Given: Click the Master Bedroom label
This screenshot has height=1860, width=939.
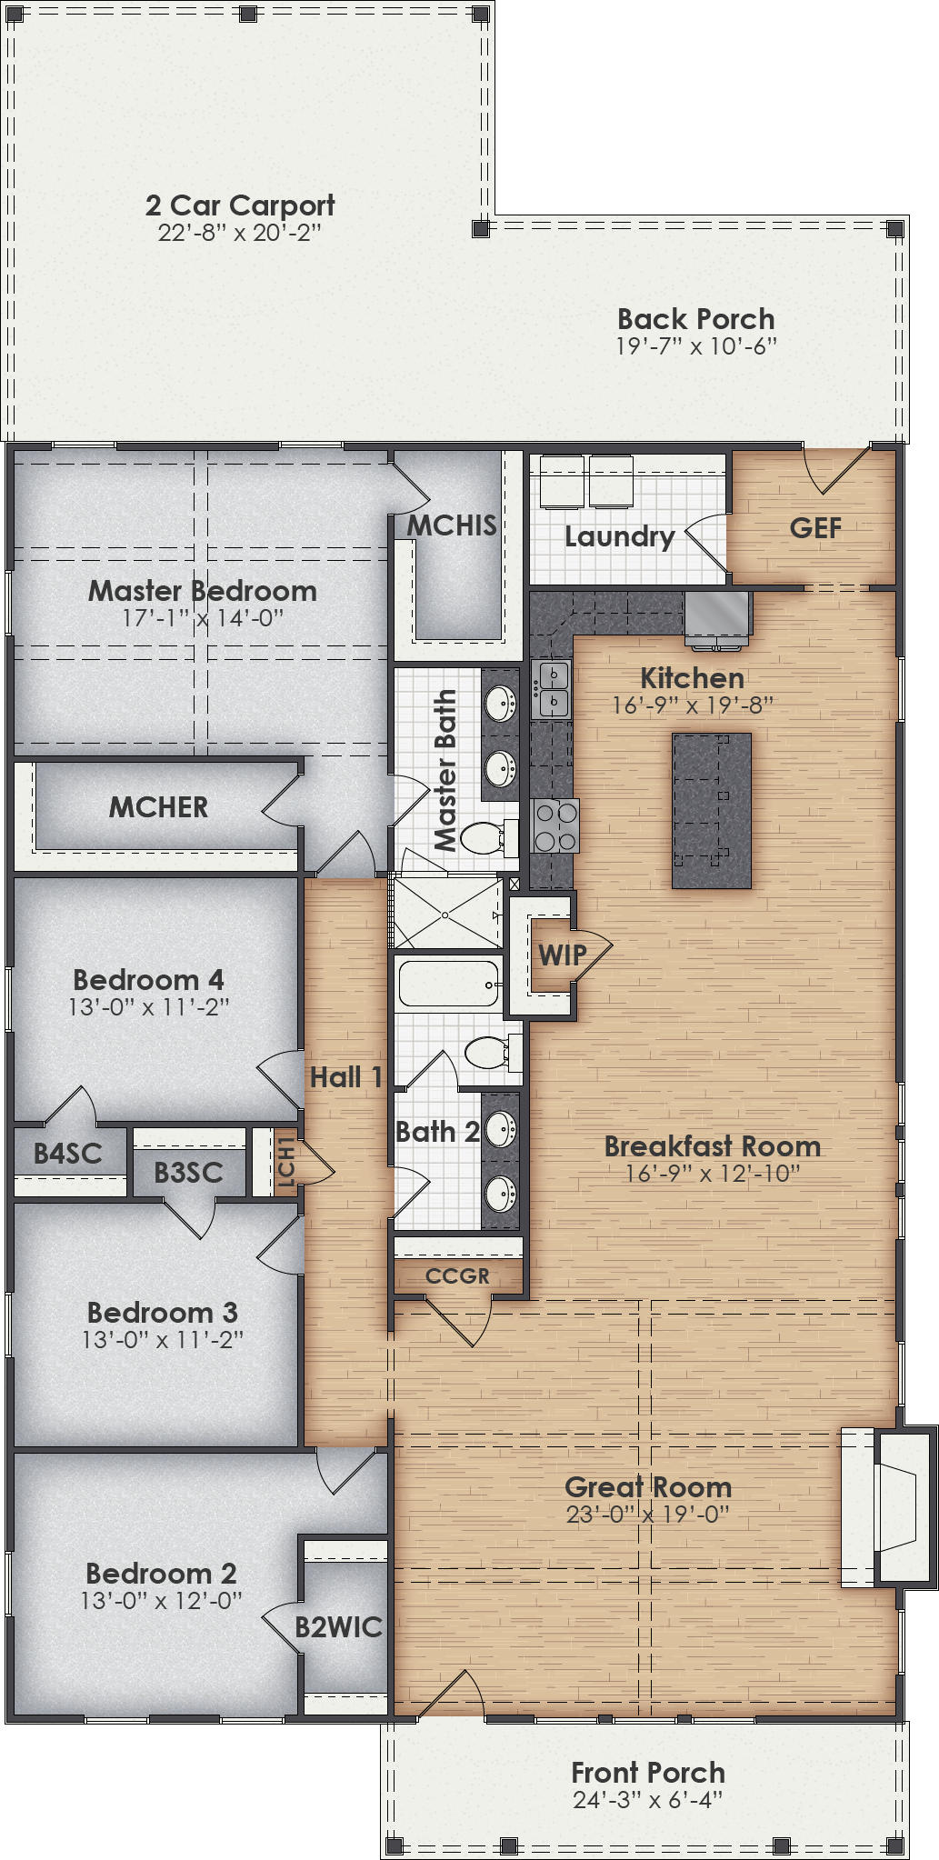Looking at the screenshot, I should (x=202, y=591).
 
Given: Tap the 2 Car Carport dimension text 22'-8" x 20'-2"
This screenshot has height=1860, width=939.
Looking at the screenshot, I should (x=239, y=233).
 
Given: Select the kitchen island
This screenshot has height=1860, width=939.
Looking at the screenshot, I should (x=712, y=810).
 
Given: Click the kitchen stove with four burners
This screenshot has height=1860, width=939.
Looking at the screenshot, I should (x=555, y=825).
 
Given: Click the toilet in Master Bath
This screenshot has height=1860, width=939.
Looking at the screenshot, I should (x=486, y=837).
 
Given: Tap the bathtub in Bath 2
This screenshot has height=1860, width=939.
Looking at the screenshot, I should (x=449, y=984).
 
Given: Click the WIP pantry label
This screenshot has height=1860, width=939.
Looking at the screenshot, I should (x=561, y=955).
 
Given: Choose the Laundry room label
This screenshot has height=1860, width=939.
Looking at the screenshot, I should (x=619, y=536).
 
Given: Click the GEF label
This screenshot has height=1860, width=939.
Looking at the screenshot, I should (x=815, y=528).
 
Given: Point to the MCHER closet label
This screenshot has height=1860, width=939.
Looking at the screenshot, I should (x=158, y=807).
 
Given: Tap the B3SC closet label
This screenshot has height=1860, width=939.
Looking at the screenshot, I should (x=188, y=1173).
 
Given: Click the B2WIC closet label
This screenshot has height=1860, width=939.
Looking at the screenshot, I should (x=338, y=1627).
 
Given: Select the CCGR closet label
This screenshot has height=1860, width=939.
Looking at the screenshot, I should (x=457, y=1276).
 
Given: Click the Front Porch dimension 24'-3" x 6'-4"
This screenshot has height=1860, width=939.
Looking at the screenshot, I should (x=647, y=1799).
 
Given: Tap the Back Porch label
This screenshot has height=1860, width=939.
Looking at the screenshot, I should (x=695, y=319).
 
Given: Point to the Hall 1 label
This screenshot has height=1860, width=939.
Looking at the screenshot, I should (x=345, y=1077).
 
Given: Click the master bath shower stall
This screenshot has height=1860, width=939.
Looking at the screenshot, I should (x=446, y=913).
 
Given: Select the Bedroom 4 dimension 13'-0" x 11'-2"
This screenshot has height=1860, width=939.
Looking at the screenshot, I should (x=148, y=1007).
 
